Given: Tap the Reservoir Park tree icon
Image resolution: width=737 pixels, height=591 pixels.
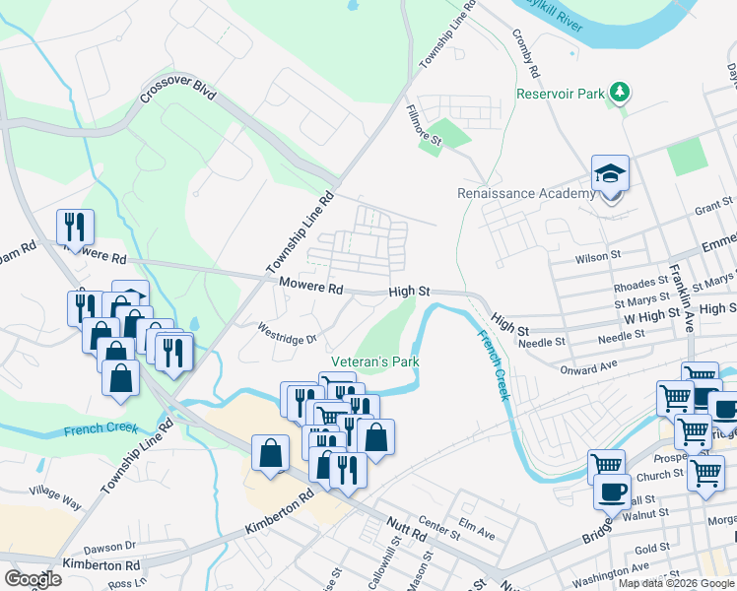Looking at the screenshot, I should click(619, 94).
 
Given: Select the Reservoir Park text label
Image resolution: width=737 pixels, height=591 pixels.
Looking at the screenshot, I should click(560, 96).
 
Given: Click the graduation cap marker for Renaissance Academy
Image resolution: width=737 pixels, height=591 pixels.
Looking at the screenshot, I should click(610, 175).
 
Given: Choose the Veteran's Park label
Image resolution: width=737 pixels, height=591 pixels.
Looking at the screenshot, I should click(374, 361).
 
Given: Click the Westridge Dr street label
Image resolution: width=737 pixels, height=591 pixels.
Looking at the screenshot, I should click(288, 334).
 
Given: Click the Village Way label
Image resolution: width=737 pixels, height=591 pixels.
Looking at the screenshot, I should click(55, 495).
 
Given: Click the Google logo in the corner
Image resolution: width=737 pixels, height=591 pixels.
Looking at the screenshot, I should click(33, 579).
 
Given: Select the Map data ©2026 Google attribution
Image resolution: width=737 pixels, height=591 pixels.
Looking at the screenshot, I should click(675, 583).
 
